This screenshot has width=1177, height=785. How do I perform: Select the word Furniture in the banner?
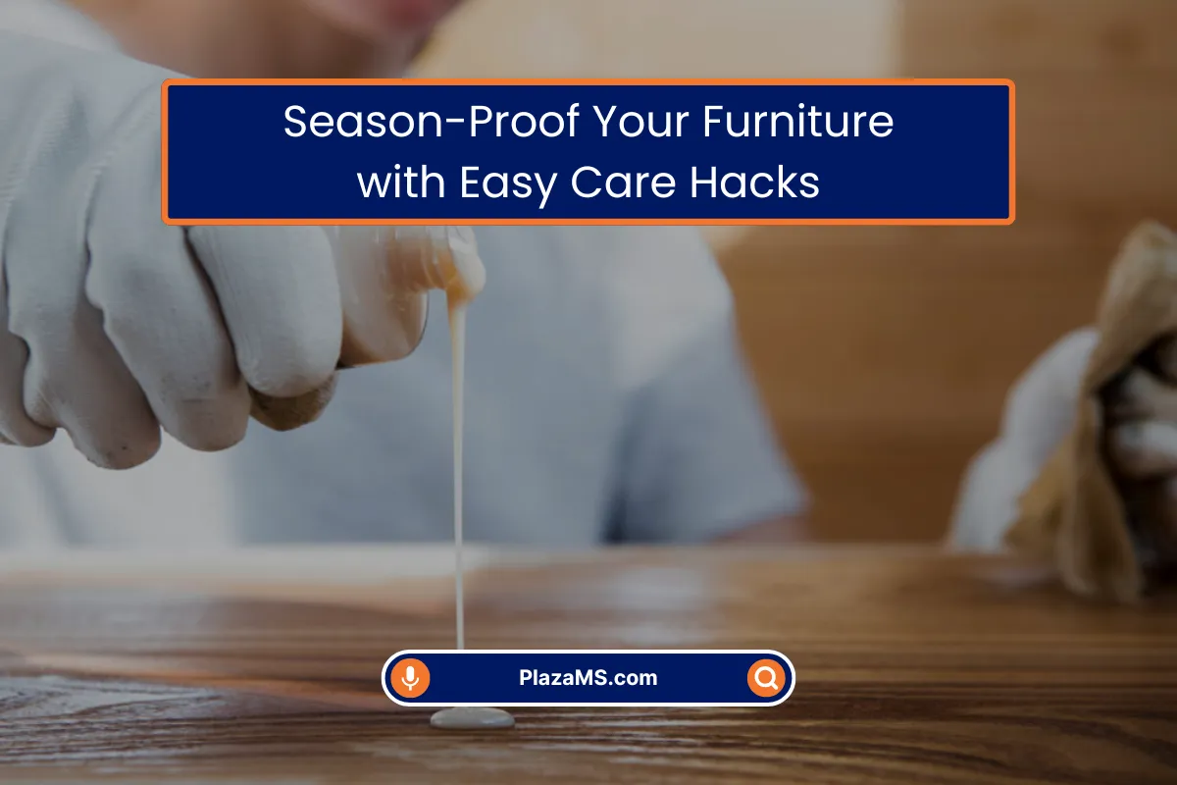(798, 122)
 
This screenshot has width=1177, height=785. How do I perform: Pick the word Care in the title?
(623, 182)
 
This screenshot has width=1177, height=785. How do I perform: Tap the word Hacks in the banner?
(754, 182)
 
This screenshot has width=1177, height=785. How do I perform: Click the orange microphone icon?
(410, 678)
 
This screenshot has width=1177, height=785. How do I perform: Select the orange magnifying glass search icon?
(766, 678)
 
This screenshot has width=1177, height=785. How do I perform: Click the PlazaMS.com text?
(588, 678)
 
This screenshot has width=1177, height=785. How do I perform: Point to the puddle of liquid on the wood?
(472, 718)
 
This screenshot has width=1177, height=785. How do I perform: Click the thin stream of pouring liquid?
(458, 473)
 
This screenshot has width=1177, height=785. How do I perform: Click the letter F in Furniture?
(714, 122)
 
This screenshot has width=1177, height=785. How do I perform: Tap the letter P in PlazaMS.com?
(526, 678)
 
